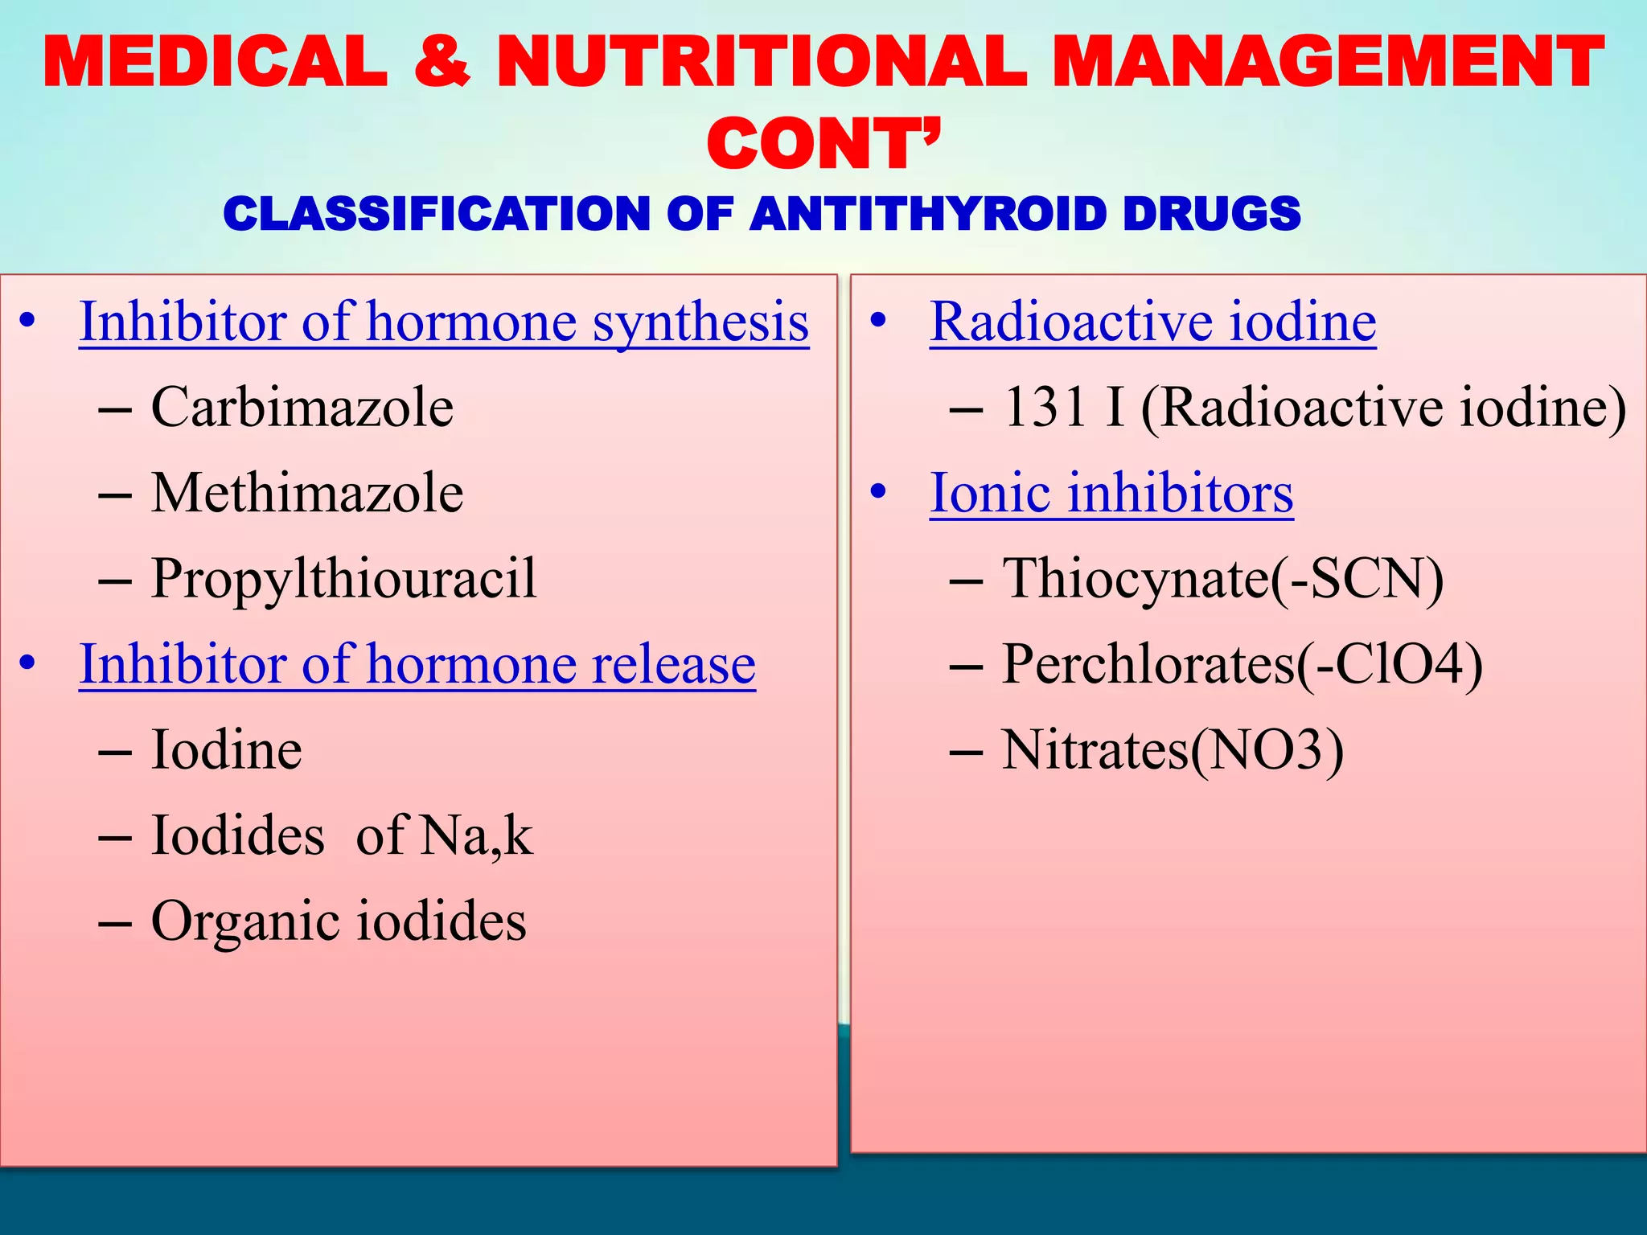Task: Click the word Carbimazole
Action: click(302, 407)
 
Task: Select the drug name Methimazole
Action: click(306, 493)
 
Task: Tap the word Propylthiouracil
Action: click(343, 579)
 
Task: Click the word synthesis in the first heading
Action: click(700, 322)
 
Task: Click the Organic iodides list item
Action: click(339, 921)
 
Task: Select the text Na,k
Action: click(476, 836)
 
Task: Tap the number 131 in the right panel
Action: click(1045, 407)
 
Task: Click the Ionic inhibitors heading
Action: click(1111, 493)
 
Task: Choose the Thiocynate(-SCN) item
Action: click(1222, 579)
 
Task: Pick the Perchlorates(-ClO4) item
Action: click(1242, 665)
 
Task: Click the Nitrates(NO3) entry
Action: click(1172, 751)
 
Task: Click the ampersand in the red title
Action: click(442, 62)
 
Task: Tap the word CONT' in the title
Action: click(823, 145)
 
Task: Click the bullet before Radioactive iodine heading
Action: click(877, 321)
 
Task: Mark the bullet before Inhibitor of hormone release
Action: click(28, 664)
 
